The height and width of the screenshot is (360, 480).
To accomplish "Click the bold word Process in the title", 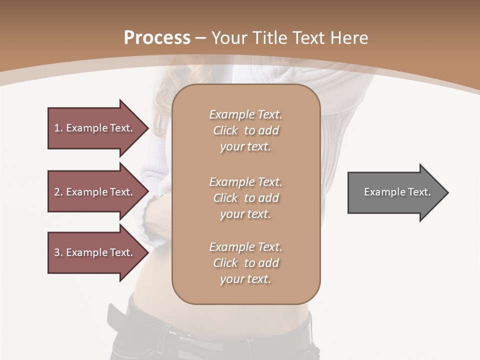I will (x=157, y=38).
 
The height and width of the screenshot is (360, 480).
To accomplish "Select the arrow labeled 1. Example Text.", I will (x=95, y=128).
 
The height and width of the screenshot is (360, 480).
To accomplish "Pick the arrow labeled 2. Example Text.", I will (x=95, y=192).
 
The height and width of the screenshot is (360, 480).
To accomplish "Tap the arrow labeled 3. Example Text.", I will (x=95, y=252).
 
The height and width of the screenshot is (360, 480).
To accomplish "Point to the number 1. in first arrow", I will (x=58, y=128).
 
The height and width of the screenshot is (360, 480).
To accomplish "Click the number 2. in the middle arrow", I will (x=58, y=192).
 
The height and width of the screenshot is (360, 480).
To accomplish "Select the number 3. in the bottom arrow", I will (x=58, y=252).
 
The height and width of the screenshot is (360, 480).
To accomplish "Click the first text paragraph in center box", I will (x=245, y=130).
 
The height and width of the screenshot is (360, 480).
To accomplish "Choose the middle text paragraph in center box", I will (x=245, y=197).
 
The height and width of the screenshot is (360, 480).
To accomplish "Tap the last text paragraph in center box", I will (x=245, y=263).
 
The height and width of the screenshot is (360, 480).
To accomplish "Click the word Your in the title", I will (x=228, y=38).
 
